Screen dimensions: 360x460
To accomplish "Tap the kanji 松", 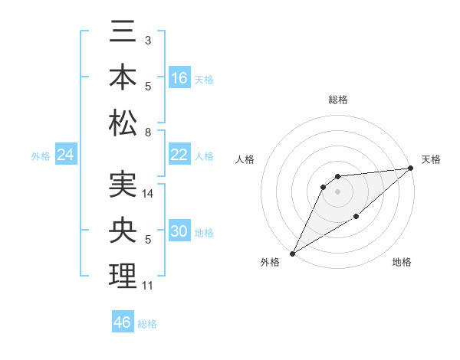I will (123, 122).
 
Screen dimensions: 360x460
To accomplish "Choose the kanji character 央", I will (123, 231).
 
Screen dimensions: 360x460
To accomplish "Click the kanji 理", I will (123, 276).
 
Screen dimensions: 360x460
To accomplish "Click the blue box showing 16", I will (179, 78).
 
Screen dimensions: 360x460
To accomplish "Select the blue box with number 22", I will (179, 155).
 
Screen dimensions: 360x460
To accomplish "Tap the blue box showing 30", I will (179, 231).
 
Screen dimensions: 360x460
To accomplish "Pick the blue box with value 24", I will (66, 155).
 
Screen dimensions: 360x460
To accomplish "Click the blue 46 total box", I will (123, 322).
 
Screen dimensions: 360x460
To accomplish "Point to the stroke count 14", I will (149, 194).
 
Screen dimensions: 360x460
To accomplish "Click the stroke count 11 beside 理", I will (148, 286).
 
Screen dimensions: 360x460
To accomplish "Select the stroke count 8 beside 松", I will (147, 133).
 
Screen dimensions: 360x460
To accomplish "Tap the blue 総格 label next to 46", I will (147, 324).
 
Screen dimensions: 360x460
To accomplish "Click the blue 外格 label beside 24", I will (41, 156).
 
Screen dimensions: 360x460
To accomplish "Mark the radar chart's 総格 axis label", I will (337, 100).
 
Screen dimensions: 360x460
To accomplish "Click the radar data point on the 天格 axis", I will (411, 169).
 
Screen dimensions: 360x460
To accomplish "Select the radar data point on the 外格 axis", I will (292, 253).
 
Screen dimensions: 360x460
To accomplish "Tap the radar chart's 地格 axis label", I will (402, 263).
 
